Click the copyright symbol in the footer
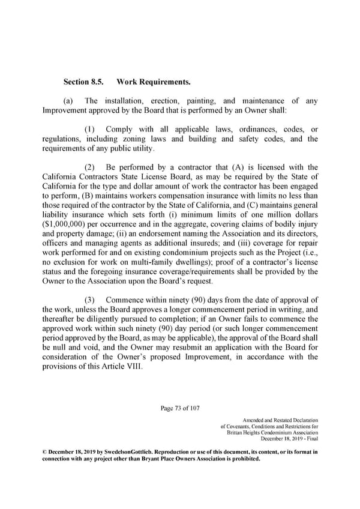(45, 451)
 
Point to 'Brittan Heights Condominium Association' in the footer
(273, 433)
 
